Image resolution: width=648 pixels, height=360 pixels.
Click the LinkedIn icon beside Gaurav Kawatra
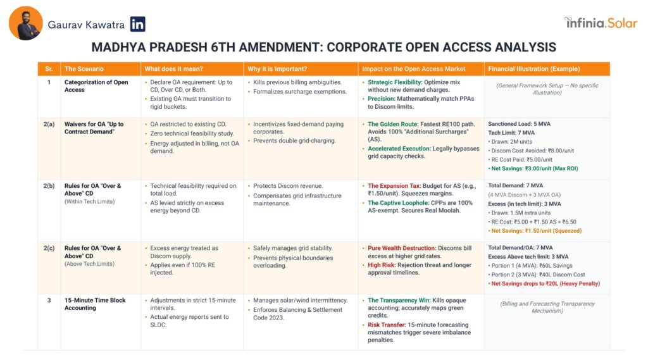pos(137,25)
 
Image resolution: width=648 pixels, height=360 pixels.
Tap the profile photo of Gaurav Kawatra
pos(26,23)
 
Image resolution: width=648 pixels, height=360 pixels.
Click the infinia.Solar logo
pos(601,23)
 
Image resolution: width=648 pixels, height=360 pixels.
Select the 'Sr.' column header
pos(48,68)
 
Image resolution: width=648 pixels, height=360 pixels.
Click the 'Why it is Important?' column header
pos(277,68)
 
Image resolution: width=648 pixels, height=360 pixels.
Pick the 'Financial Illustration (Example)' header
pos(533,68)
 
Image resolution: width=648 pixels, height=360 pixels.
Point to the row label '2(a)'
pos(49,124)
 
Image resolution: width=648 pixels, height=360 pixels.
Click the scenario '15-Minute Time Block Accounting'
pos(96,304)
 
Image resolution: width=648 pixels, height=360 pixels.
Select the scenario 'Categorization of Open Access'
pos(96,86)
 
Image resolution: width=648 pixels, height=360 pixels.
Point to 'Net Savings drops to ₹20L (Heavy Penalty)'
pos(544,283)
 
